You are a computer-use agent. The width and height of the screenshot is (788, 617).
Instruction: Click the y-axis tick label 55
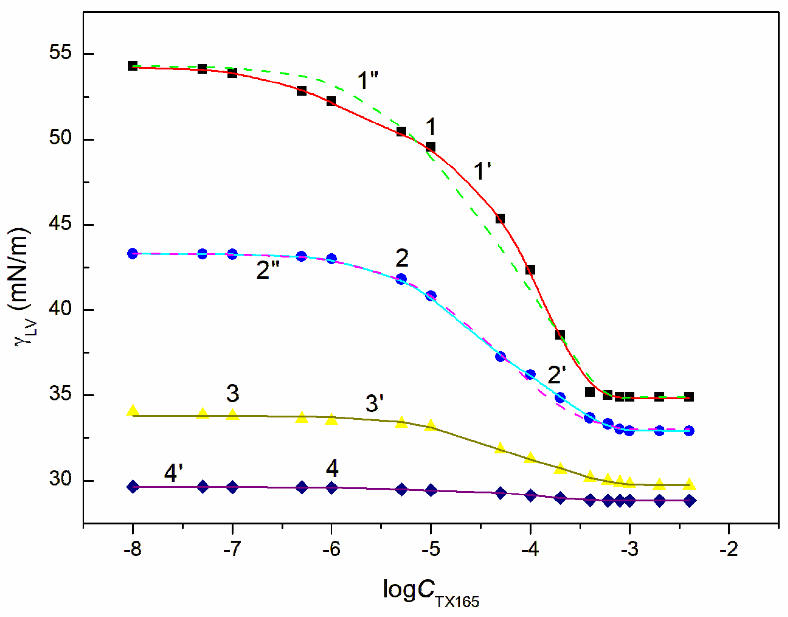click(60, 53)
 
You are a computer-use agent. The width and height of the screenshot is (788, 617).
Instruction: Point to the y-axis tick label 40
click(60, 309)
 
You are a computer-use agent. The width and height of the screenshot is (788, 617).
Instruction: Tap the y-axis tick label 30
click(60, 479)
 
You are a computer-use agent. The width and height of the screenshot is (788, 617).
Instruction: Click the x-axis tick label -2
click(728, 549)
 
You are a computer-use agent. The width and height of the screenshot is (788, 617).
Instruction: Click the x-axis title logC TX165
click(430, 591)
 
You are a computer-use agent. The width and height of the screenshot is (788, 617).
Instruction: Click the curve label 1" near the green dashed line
click(368, 80)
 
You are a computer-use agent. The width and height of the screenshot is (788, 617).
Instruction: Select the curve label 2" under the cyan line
click(268, 270)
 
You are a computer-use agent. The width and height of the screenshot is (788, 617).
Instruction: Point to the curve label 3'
click(374, 404)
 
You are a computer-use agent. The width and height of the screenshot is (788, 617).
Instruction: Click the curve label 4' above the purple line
click(173, 473)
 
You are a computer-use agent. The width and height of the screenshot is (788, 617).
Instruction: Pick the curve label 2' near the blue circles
click(556, 375)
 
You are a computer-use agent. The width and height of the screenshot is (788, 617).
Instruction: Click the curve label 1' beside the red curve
click(482, 171)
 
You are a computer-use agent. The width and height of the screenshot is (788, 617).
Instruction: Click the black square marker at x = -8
click(132, 66)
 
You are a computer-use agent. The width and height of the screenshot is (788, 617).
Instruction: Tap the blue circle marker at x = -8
click(132, 254)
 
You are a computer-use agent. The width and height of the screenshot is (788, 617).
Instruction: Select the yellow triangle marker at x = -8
click(132, 411)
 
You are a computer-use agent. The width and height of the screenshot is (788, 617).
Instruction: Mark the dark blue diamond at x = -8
click(132, 487)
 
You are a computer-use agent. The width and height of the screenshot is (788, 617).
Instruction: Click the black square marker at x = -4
click(530, 270)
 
